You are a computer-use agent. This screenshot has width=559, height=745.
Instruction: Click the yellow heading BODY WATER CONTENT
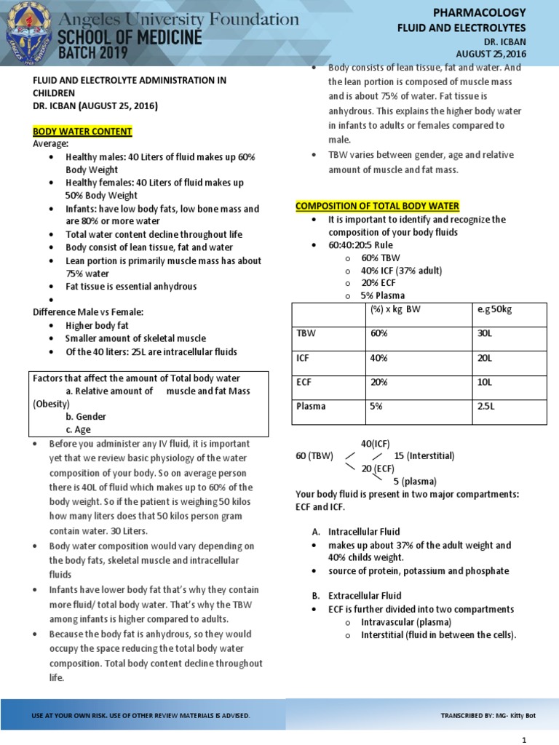(82, 131)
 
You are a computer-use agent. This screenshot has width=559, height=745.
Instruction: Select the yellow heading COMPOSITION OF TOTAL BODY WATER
(377, 206)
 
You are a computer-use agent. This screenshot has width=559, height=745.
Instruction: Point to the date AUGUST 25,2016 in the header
(490, 53)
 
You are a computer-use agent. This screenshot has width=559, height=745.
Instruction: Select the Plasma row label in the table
(311, 407)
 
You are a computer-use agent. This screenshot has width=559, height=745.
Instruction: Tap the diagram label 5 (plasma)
(416, 481)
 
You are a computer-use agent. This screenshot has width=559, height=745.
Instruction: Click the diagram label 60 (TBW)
(314, 455)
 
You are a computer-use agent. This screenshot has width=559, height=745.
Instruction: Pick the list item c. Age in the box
(78, 429)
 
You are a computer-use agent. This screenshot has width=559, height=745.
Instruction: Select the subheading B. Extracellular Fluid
(356, 595)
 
